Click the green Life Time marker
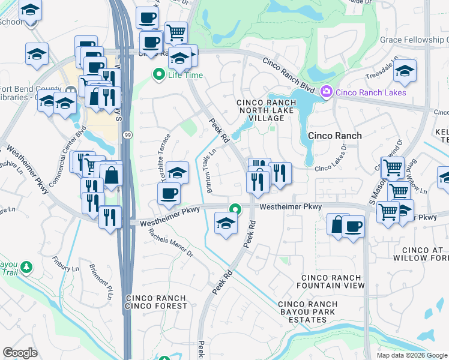click(159, 76)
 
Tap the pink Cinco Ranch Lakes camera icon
click(327, 92)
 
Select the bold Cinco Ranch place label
click(334, 136)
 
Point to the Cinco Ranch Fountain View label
click(332, 282)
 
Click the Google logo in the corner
click(20, 352)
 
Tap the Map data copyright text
click(411, 355)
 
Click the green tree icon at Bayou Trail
click(25, 266)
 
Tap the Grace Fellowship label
click(414, 40)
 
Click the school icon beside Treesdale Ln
click(405, 70)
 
